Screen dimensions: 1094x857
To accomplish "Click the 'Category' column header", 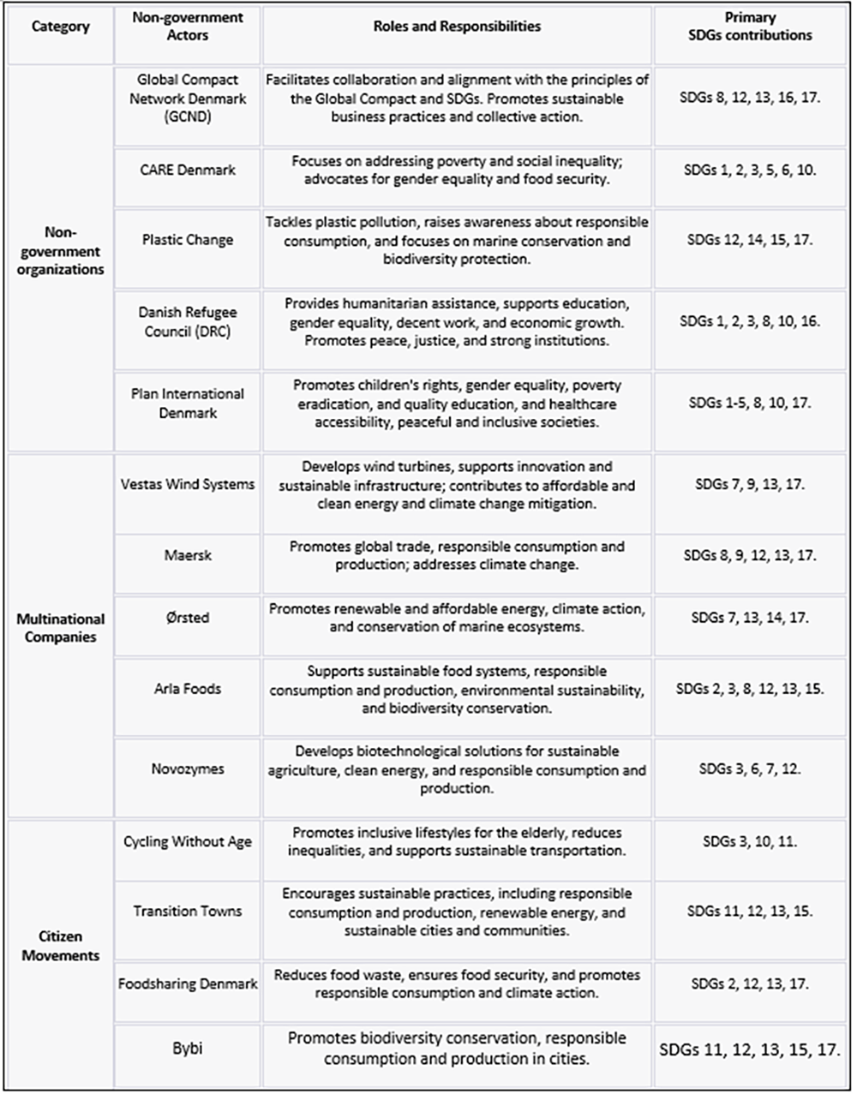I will click(x=60, y=27).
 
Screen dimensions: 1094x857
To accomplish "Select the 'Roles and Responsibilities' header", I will click(x=457, y=27).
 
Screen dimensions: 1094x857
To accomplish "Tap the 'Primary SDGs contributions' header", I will click(x=750, y=27).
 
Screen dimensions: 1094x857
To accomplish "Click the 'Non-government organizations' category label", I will click(x=60, y=251).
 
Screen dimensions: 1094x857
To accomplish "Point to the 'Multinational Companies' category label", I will click(x=60, y=627).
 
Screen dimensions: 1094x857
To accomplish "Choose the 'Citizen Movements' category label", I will click(x=60, y=946).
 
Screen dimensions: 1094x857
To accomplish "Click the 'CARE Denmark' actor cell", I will click(x=188, y=170).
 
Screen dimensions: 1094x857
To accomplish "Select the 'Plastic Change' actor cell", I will click(x=188, y=240).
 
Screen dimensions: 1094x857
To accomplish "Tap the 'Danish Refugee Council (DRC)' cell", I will click(x=188, y=321).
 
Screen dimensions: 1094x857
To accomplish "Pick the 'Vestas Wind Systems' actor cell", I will click(x=188, y=484).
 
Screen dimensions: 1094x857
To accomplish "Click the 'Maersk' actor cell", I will click(x=188, y=555).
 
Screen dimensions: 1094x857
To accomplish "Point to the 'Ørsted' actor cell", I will click(x=188, y=618).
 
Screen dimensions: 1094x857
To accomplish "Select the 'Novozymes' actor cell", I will click(x=188, y=768).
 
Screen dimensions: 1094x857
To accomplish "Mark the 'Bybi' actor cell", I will click(x=188, y=1048).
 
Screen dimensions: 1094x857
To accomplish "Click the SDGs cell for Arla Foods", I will click(x=750, y=689).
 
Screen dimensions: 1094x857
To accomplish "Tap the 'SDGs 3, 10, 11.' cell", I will click(x=750, y=841).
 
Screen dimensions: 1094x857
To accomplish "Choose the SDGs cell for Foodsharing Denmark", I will click(x=750, y=984).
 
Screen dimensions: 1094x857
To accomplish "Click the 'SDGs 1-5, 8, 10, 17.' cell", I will click(x=750, y=403).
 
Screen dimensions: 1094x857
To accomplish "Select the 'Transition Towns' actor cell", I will click(x=188, y=911).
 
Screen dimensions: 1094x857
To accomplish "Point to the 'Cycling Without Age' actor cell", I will click(x=188, y=841).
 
